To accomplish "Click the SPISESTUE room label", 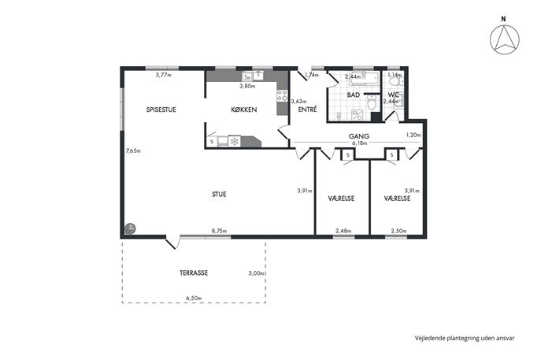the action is pyautogui.click(x=161, y=109).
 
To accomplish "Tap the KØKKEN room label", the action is pyautogui.click(x=244, y=109).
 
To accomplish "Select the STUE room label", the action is pyautogui.click(x=219, y=195).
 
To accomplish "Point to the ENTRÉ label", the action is pyautogui.click(x=307, y=109).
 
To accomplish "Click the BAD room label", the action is pyautogui.click(x=354, y=95).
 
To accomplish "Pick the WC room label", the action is pyautogui.click(x=393, y=95).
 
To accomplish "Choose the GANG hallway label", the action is pyautogui.click(x=359, y=136).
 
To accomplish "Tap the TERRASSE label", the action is pyautogui.click(x=194, y=273).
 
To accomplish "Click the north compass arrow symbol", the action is pyautogui.click(x=505, y=39).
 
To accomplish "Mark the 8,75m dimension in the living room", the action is pyautogui.click(x=220, y=231).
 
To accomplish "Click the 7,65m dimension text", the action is pyautogui.click(x=133, y=150).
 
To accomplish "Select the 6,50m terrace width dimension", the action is pyautogui.click(x=194, y=298).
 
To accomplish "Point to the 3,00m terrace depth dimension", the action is pyautogui.click(x=257, y=273).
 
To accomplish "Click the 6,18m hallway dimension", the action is pyautogui.click(x=359, y=143).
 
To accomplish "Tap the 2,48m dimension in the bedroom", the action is pyautogui.click(x=343, y=231).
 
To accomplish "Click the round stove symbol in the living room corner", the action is pyautogui.click(x=130, y=228).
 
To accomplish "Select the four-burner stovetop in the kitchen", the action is pyautogui.click(x=282, y=95).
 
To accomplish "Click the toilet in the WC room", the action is pyautogui.click(x=394, y=81).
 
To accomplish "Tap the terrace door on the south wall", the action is pyautogui.click(x=172, y=241).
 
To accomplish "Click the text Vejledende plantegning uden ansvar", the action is pyautogui.click(x=465, y=338).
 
